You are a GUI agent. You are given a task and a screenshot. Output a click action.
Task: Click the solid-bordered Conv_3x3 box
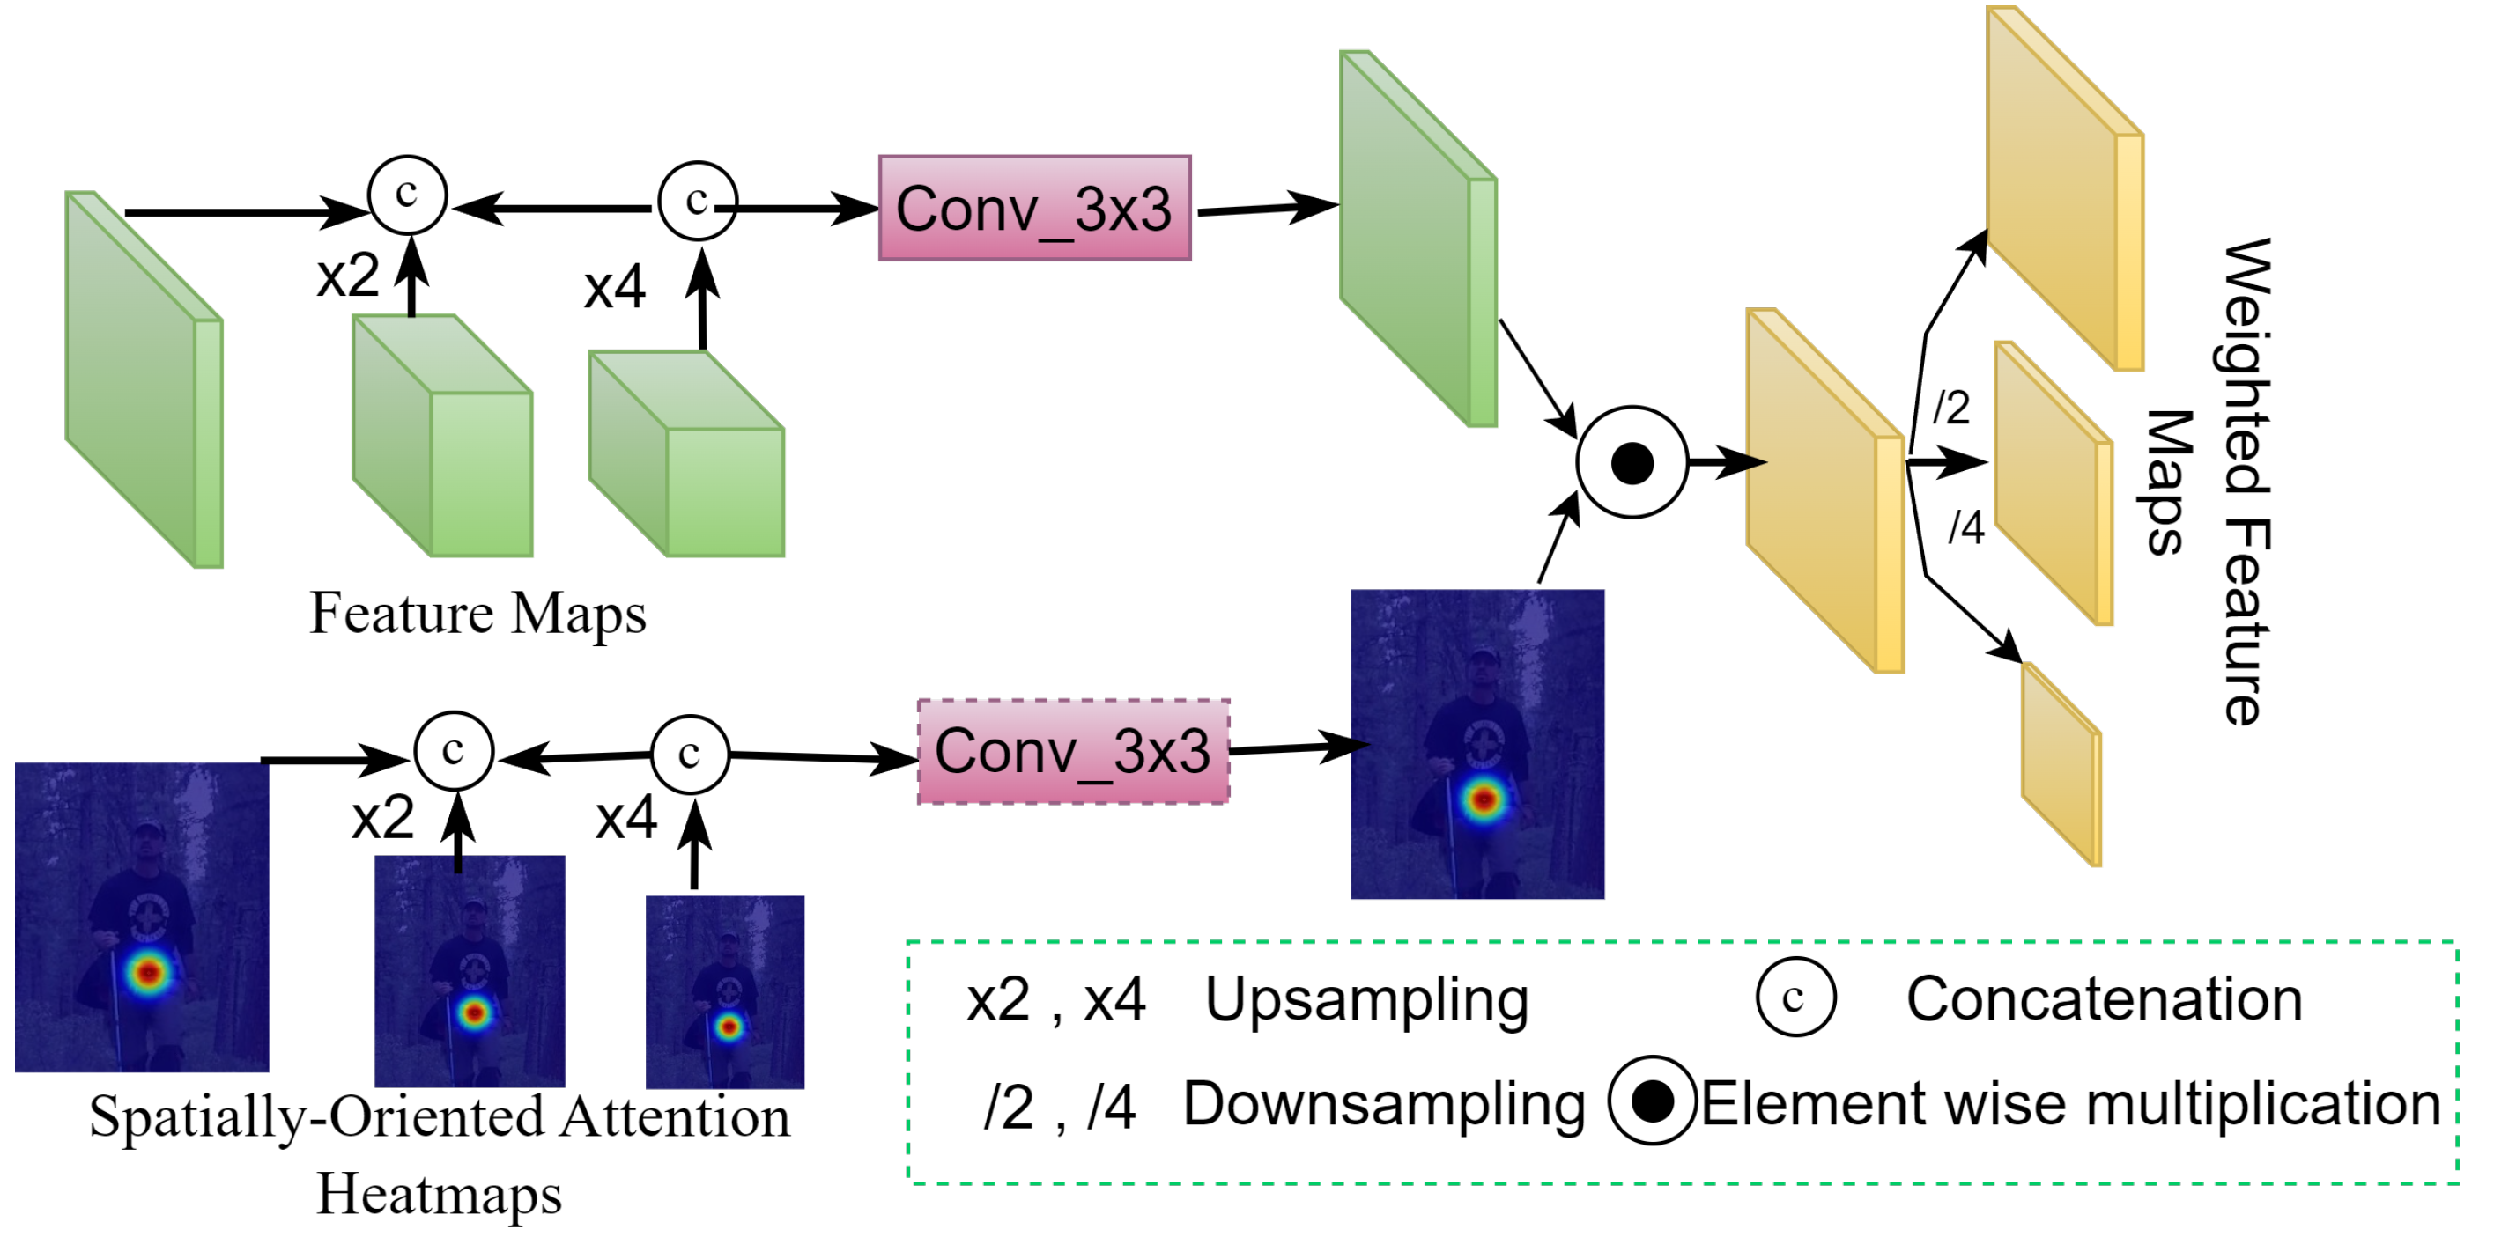(1034, 208)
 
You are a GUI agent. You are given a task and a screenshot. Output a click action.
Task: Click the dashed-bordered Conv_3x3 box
(1073, 752)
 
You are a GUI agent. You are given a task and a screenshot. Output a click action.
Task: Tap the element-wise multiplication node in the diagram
(1632, 463)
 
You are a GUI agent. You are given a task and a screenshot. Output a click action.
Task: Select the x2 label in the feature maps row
(348, 276)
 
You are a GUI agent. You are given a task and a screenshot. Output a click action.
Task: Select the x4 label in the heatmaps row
(625, 819)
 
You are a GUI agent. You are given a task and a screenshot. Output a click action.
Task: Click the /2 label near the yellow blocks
(1950, 408)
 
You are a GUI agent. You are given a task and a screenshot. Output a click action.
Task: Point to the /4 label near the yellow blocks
(1965, 527)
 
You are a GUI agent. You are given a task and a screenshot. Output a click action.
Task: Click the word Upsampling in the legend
(1366, 1000)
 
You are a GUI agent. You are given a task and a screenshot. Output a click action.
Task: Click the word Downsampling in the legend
(1383, 1104)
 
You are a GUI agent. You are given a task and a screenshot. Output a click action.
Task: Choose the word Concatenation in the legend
(2103, 1000)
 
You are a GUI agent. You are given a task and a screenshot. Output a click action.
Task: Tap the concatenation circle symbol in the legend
(1795, 998)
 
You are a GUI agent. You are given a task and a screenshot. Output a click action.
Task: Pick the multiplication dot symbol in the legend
(1652, 1101)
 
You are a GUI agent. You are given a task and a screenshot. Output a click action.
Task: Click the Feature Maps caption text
(477, 614)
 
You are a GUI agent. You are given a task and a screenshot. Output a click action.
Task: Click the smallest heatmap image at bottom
(724, 992)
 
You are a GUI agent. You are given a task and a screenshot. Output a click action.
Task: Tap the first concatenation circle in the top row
(408, 195)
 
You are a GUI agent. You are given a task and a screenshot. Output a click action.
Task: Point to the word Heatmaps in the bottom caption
(439, 1195)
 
